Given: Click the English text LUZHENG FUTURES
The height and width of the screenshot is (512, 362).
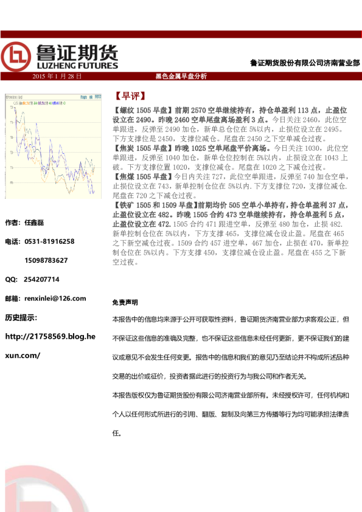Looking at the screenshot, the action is (74, 65).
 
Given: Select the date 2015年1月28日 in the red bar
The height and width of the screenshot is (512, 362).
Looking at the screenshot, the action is (57, 76).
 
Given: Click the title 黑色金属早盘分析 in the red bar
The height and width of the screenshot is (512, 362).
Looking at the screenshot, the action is (181, 76).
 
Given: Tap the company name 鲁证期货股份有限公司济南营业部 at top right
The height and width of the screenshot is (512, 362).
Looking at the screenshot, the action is (305, 63).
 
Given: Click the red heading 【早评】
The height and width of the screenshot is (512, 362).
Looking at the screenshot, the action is (129, 96).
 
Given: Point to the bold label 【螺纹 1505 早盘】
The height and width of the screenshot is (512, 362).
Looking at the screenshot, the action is (143, 110).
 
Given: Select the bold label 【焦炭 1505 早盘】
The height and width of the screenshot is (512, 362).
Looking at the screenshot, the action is (143, 148).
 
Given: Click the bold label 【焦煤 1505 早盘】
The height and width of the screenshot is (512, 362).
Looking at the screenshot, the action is (143, 176).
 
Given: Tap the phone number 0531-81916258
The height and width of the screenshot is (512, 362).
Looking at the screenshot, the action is (49, 241).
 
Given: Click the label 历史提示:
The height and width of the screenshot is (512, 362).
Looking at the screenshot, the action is (21, 317).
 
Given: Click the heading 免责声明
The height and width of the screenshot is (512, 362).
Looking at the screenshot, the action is (125, 302).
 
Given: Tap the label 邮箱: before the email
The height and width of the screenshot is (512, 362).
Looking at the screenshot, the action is (12, 299).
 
